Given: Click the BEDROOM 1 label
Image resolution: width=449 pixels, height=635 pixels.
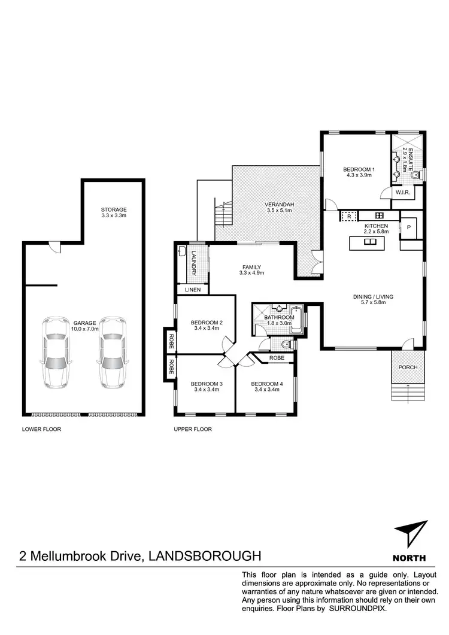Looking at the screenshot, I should pyautogui.click(x=359, y=172).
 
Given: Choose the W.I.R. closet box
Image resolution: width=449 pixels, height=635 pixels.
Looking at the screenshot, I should pyautogui.click(x=402, y=193).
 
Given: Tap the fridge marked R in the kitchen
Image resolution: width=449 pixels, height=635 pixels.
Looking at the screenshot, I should pyautogui.click(x=348, y=215).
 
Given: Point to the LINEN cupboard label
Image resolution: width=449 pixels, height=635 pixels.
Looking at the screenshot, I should pyautogui.click(x=193, y=290).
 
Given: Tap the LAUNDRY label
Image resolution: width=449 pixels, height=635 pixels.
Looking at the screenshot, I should pyautogui.click(x=194, y=264).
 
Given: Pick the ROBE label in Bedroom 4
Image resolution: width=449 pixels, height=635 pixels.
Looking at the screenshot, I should pyautogui.click(x=277, y=357).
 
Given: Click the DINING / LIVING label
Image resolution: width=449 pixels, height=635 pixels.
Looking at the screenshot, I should pyautogui.click(x=372, y=299).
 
